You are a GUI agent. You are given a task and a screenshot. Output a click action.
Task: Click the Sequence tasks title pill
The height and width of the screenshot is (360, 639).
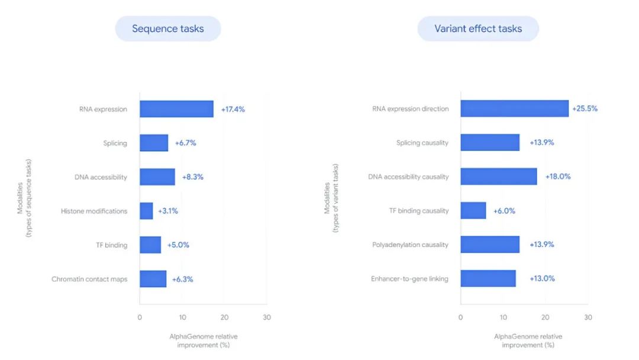(x=167, y=28)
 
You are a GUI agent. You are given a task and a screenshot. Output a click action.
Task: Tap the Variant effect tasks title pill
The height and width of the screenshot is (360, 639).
(x=478, y=28)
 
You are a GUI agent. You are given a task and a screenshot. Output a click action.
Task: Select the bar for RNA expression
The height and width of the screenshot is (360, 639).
(x=176, y=109)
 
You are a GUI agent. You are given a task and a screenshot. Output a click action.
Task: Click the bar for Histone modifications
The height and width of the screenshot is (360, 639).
(x=146, y=211)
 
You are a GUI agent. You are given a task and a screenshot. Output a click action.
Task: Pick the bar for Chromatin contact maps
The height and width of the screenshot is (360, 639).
(x=153, y=279)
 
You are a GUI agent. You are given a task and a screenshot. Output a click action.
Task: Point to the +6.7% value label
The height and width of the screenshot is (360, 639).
(x=185, y=143)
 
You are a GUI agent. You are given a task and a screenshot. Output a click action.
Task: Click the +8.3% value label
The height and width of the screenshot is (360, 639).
(x=192, y=177)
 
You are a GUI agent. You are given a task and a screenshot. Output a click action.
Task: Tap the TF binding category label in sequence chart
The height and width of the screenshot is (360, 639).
(x=112, y=245)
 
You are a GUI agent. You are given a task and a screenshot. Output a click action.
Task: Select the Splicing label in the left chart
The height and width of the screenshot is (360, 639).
(x=115, y=143)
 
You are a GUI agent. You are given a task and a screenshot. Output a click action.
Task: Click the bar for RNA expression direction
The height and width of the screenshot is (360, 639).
(x=514, y=108)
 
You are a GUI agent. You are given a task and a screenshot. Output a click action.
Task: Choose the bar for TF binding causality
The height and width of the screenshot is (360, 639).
(x=473, y=210)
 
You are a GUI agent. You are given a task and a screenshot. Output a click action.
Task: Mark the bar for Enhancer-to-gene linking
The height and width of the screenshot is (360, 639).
(x=488, y=278)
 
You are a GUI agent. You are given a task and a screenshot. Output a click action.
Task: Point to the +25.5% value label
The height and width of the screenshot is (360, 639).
(x=585, y=109)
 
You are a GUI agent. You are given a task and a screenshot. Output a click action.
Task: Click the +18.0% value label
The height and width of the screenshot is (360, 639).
(x=557, y=176)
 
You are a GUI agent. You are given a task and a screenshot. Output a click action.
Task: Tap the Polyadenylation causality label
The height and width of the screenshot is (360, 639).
(x=410, y=245)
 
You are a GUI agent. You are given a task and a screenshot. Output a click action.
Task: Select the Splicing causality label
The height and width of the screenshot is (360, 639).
(x=422, y=143)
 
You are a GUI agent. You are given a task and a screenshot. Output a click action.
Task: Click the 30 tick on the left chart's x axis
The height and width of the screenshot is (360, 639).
(x=267, y=317)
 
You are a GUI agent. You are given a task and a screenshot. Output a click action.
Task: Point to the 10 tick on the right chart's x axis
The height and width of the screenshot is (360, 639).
(x=503, y=317)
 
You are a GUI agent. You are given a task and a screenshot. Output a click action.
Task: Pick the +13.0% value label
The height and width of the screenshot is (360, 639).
(x=542, y=278)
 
